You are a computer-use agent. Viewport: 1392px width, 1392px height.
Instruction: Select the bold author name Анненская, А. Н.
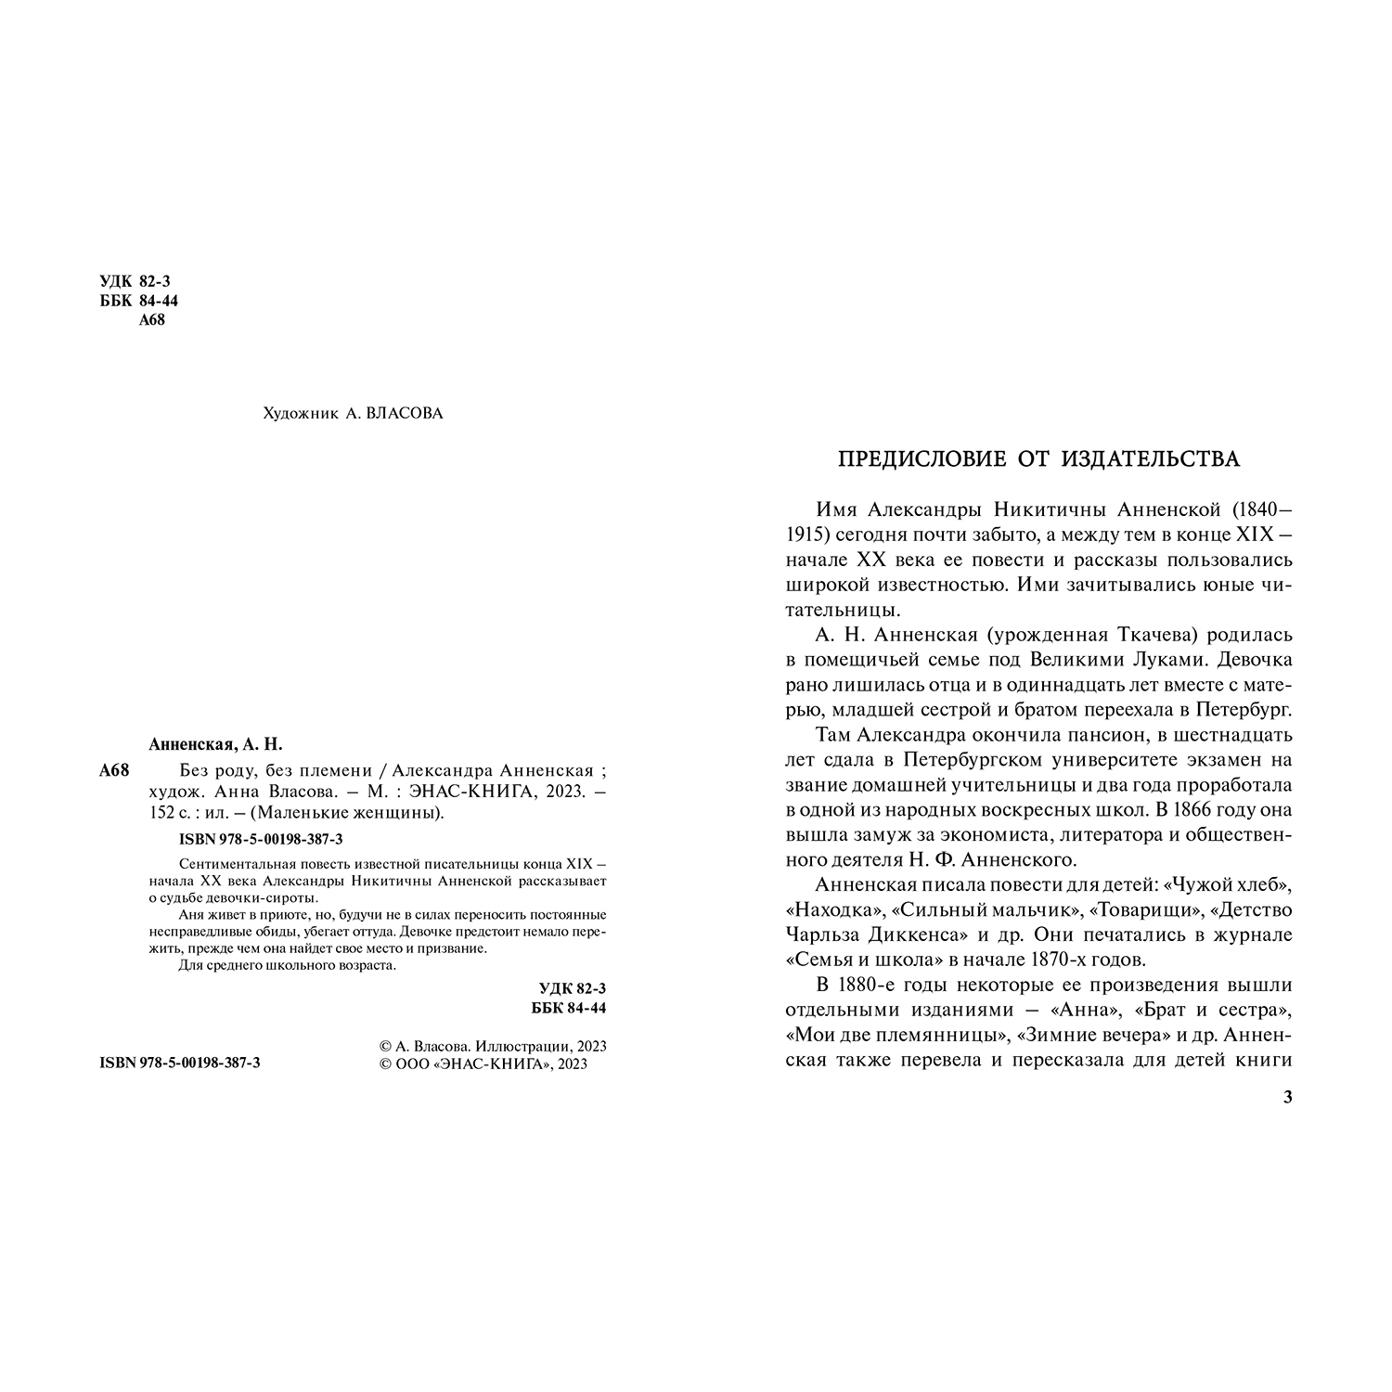(214, 745)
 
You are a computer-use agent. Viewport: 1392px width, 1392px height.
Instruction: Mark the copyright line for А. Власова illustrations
(488, 1046)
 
